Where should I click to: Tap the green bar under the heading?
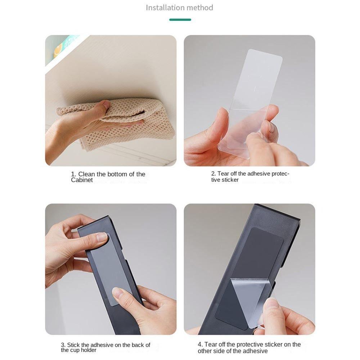coord(180,20)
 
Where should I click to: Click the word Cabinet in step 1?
coord(82,180)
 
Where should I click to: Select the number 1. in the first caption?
coord(73,174)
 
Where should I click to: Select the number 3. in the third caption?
coord(63,345)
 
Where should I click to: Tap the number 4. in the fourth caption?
coord(200,345)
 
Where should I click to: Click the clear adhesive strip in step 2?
coord(250,103)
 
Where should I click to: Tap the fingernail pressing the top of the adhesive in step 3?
coord(102,237)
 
